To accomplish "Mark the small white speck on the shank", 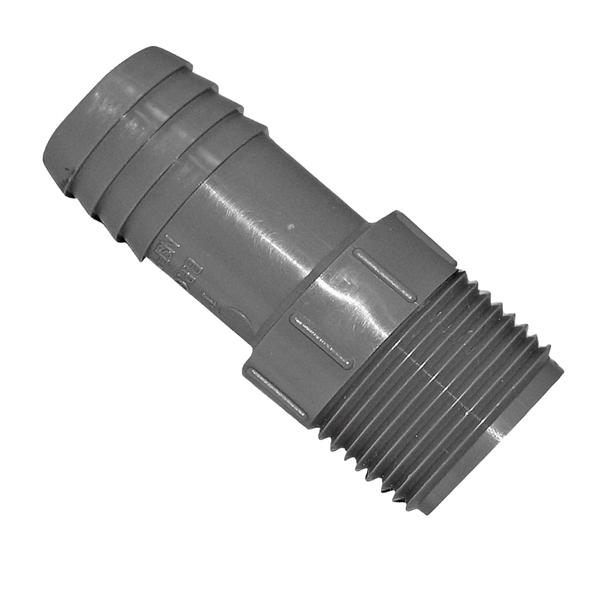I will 291,228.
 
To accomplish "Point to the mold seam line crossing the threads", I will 445,373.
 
